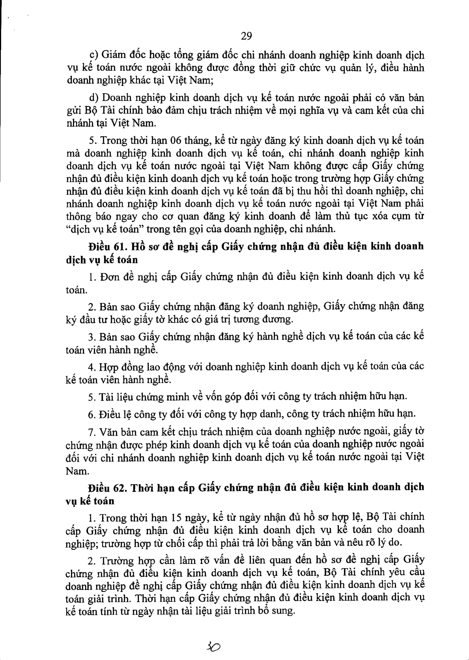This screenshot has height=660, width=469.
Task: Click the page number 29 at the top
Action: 246,36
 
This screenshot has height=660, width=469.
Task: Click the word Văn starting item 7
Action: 107,432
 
